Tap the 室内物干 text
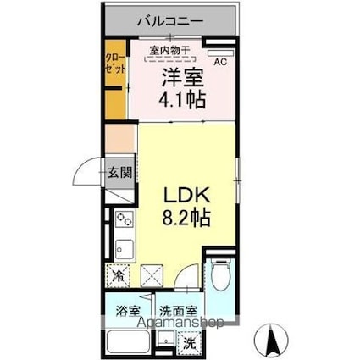click(x=169, y=51)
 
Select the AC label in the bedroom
click(x=220, y=63)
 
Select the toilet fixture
click(x=220, y=275)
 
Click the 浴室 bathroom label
click(x=127, y=312)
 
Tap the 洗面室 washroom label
click(x=176, y=312)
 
